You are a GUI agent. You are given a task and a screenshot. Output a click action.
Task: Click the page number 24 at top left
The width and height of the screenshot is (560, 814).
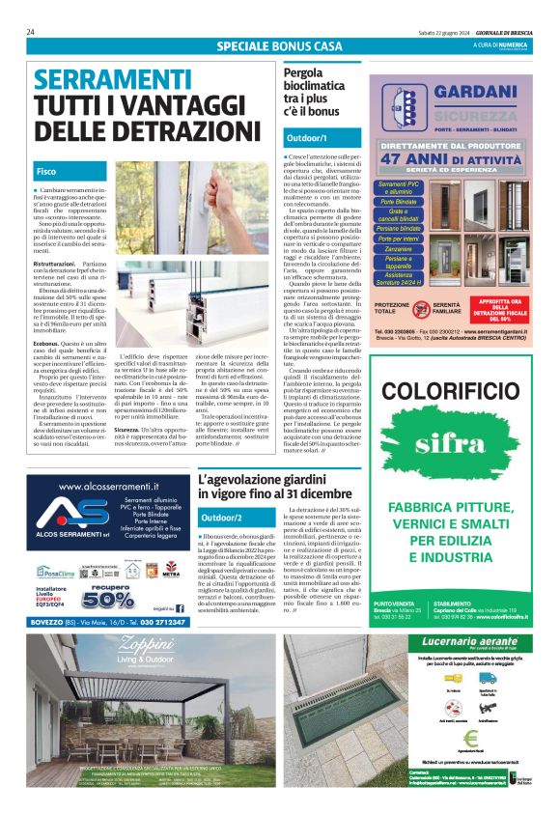pyautogui.click(x=31, y=32)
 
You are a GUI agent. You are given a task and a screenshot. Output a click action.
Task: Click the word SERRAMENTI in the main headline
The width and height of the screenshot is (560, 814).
pyautogui.click(x=98, y=78)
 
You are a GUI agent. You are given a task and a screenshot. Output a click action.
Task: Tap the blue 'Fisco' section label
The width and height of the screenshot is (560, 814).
pyautogui.click(x=46, y=170)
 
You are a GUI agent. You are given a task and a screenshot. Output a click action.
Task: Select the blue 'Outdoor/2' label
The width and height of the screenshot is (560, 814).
pyautogui.click(x=223, y=519)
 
